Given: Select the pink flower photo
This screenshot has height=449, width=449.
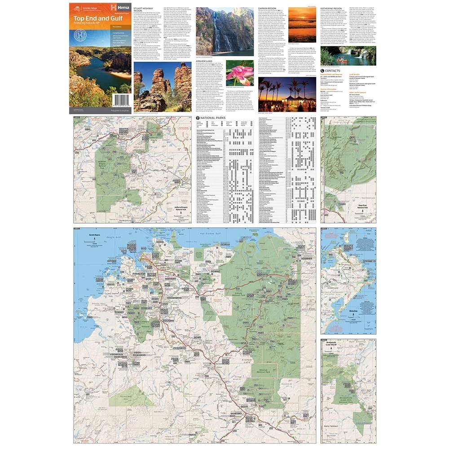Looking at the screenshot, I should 241,73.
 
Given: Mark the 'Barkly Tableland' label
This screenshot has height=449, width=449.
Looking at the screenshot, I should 333,438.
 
